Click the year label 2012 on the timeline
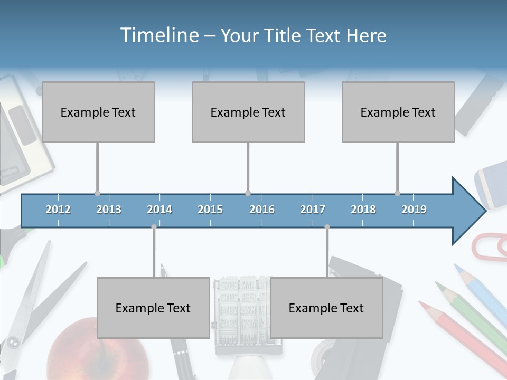[58, 210]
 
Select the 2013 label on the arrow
[109, 210]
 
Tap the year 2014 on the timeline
[159, 210]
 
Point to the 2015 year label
[210, 210]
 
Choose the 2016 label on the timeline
[262, 210]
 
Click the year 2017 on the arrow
[313, 210]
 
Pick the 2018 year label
[363, 210]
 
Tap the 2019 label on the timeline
[414, 210]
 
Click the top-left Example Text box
[98, 112]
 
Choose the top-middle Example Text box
[248, 112]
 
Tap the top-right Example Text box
[398, 112]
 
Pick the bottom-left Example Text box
[153, 308]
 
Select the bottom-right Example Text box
[326, 308]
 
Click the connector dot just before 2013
[97, 193]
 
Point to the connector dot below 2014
[154, 227]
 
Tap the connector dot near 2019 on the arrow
[397, 193]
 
